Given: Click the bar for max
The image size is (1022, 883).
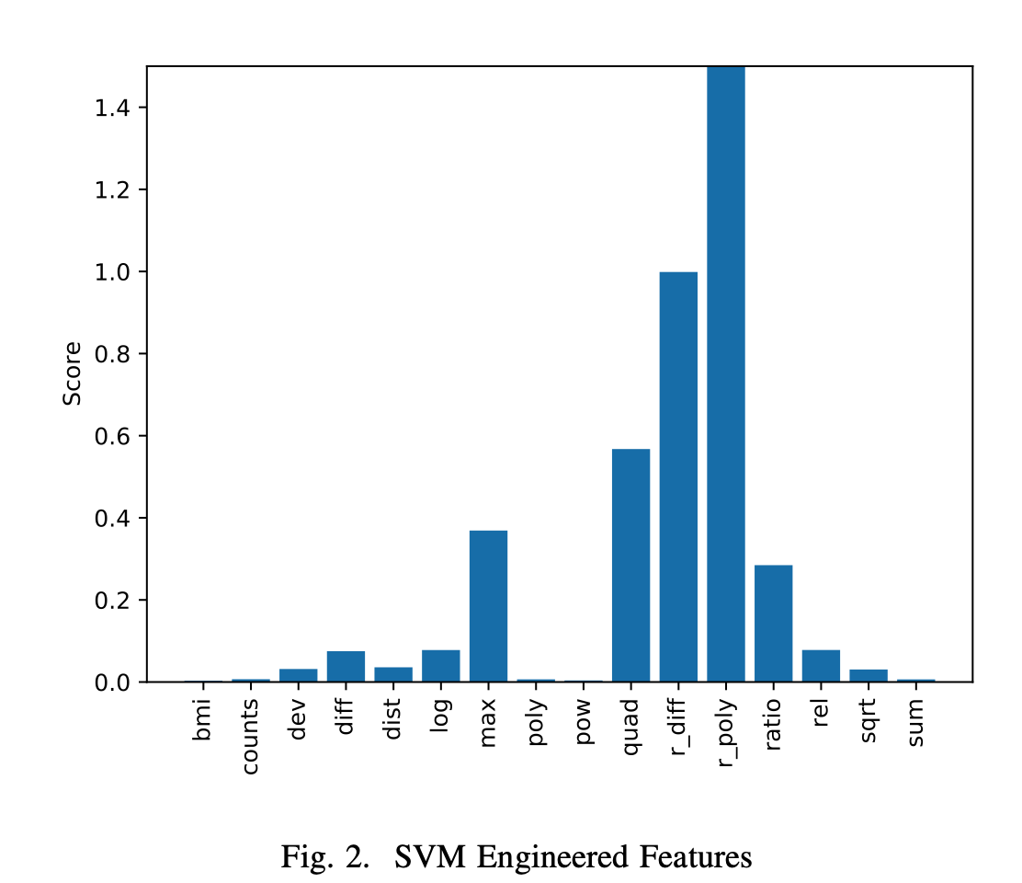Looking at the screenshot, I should (x=488, y=606).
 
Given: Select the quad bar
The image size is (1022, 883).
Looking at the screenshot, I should (x=630, y=565).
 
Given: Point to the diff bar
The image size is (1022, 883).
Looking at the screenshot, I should (x=346, y=666).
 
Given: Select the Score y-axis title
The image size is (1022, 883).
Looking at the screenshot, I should (x=72, y=373).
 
